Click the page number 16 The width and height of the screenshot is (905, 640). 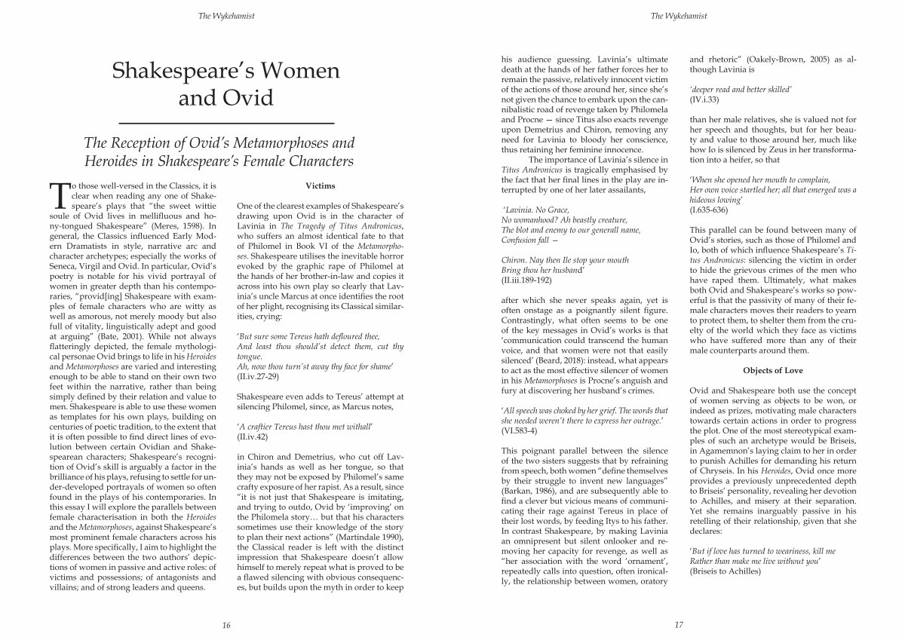225,625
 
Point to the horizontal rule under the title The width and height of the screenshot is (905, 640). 226,122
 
